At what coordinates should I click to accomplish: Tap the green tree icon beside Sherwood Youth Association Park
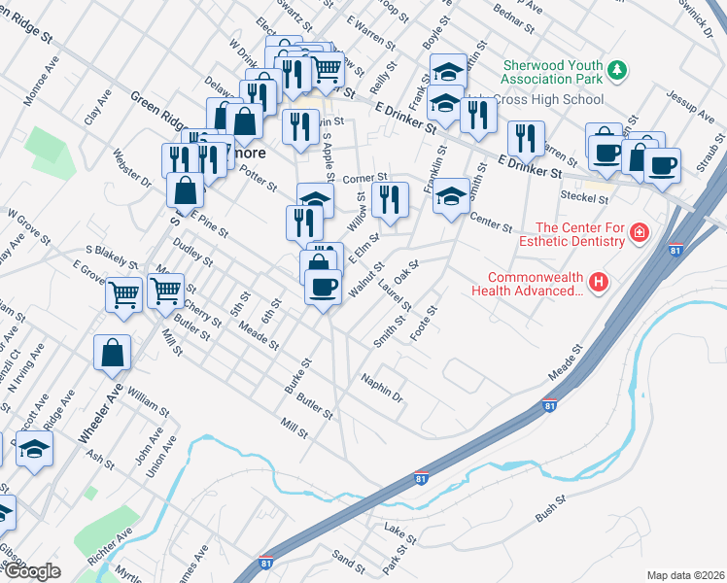tap(616, 70)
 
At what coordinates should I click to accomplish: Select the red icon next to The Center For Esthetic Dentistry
tap(639, 232)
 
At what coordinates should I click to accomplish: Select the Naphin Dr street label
tap(381, 387)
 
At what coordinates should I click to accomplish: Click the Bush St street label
tap(549, 505)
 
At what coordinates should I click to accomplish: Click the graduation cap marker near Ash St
tap(35, 450)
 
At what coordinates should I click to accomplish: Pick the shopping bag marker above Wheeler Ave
tap(112, 353)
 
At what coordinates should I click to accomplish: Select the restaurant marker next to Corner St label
tap(389, 200)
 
